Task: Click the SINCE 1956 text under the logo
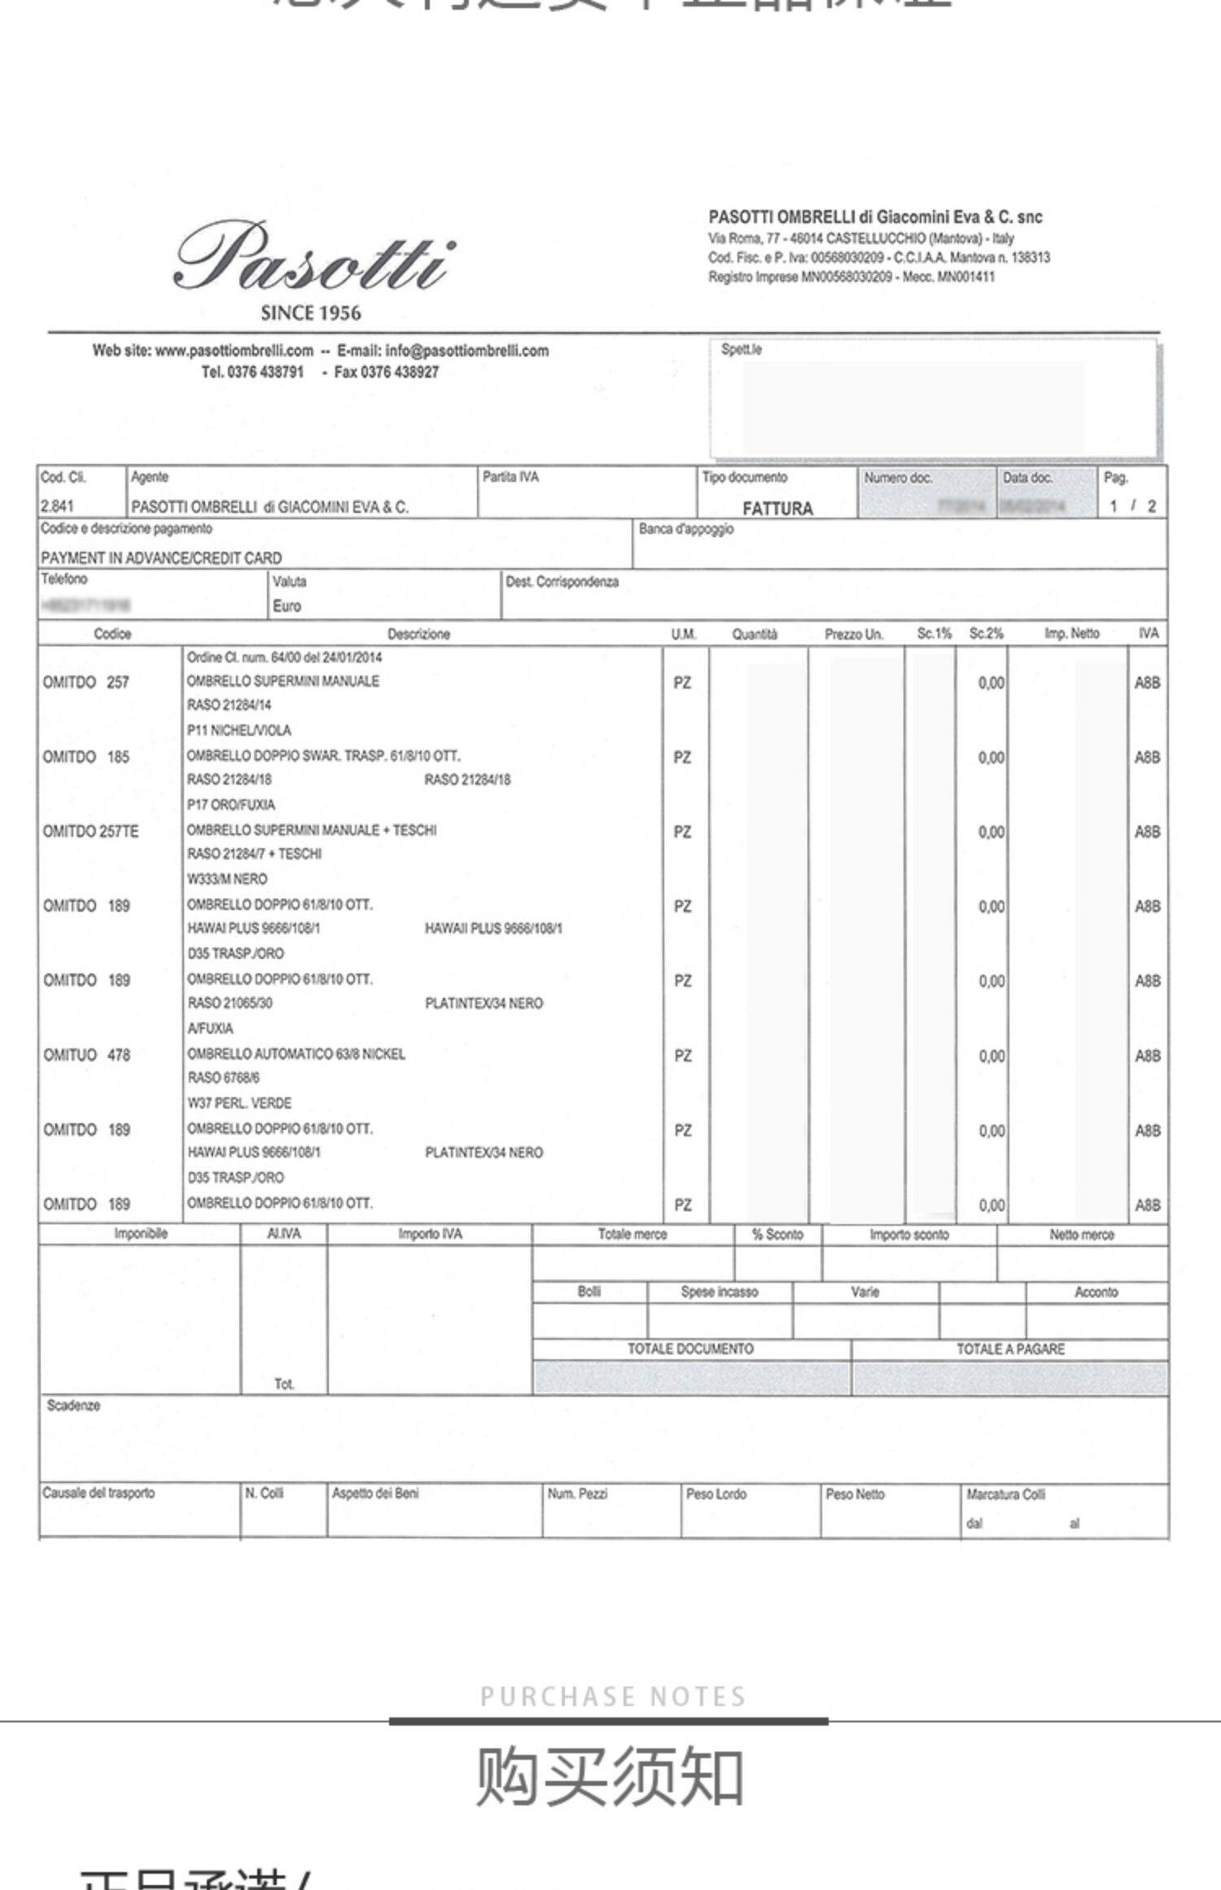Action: click(311, 313)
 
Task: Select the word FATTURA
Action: click(777, 509)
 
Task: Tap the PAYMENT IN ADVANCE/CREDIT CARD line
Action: click(161, 558)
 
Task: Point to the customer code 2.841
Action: click(57, 506)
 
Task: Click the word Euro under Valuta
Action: click(287, 606)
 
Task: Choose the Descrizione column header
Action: click(418, 634)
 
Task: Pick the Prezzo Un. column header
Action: click(854, 634)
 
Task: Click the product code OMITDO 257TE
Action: click(91, 832)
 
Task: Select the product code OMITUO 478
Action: click(87, 1056)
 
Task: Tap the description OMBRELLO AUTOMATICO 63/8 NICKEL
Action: click(296, 1054)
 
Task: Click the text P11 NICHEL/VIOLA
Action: click(239, 730)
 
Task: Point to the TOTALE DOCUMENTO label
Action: click(690, 1349)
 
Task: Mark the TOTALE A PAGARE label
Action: click(1010, 1349)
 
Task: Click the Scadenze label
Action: click(73, 1406)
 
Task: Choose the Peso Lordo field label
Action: click(716, 1494)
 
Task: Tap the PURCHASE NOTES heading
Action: click(612, 1697)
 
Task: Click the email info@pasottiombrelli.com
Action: click(467, 351)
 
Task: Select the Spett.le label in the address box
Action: click(742, 350)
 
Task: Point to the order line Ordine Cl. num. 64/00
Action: click(284, 658)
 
